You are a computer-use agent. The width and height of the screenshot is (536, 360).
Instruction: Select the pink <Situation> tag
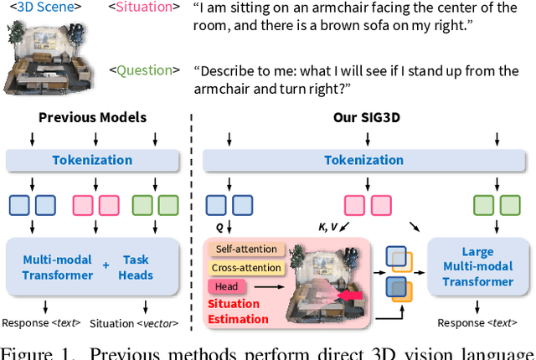coord(146,8)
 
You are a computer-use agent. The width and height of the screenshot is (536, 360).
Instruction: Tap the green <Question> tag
coord(147,70)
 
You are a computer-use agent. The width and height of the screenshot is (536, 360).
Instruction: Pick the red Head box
coord(228,286)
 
